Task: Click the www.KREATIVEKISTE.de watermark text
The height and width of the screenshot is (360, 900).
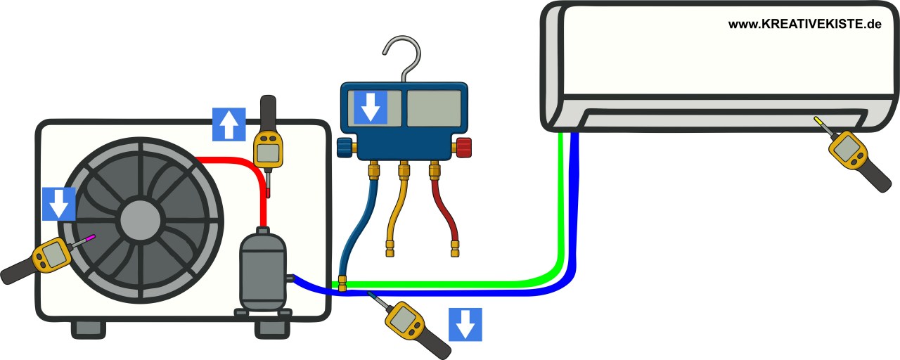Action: coord(804,25)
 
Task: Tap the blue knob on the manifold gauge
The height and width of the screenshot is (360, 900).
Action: coord(345,147)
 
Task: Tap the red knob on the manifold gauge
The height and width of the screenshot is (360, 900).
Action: coord(464,147)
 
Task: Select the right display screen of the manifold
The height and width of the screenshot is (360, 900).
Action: coord(434,108)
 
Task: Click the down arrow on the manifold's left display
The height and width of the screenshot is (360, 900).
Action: coord(371,108)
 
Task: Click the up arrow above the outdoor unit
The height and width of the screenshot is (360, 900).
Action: coord(229,124)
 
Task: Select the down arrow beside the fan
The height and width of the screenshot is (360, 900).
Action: coord(59,204)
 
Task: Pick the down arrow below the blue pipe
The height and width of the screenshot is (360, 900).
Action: coord(465,324)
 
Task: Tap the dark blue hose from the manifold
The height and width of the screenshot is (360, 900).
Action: coord(352,218)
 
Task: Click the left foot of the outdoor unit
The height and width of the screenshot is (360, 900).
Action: coord(88,329)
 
